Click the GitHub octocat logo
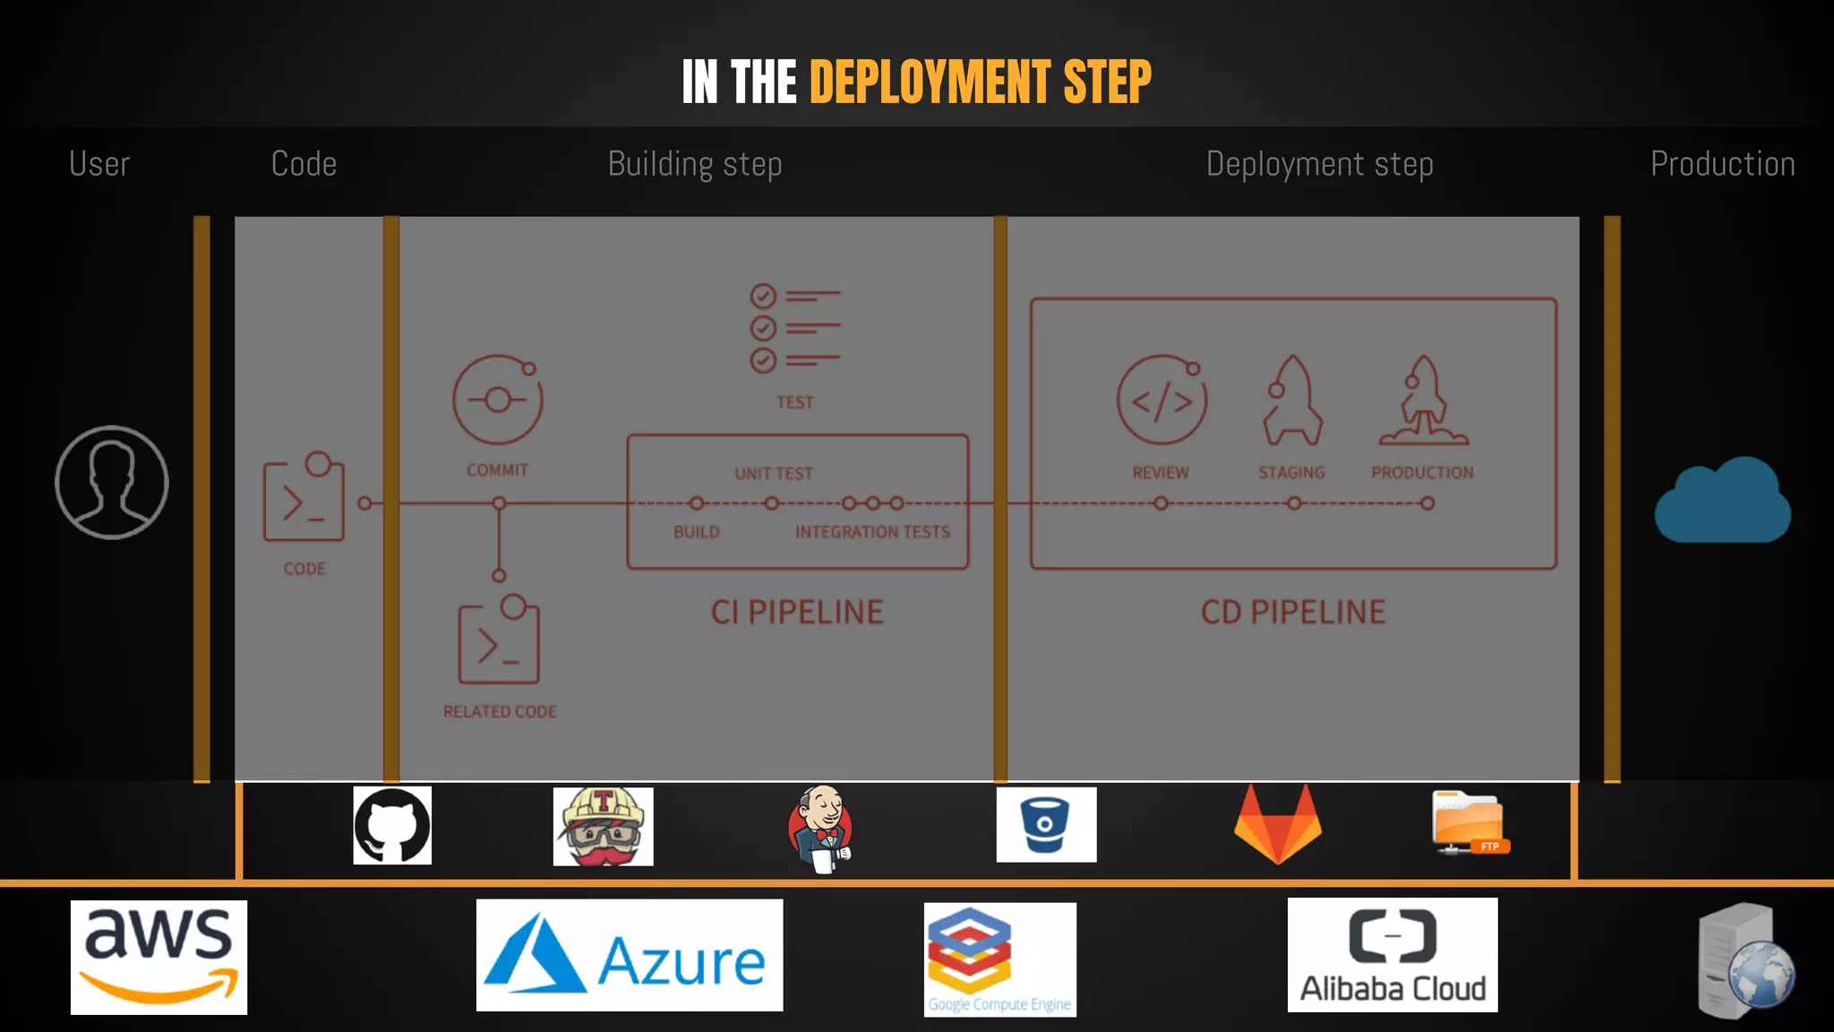coord(392,826)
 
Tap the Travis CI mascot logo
coord(603,827)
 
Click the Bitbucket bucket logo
coord(1046,825)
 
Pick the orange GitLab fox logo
coord(1278,824)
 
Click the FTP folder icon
coord(1470,822)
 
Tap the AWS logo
coord(159,957)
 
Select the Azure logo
coord(629,956)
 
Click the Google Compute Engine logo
coord(999,959)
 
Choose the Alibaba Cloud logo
coord(1393,955)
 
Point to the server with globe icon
coord(1745,961)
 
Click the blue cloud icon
coord(1722,501)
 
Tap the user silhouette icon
coord(112,483)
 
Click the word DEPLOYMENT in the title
coord(930,82)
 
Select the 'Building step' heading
coord(695,164)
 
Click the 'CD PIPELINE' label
coord(1293,613)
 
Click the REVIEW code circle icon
coord(1161,400)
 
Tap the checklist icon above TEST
coord(794,328)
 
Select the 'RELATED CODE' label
coord(500,711)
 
